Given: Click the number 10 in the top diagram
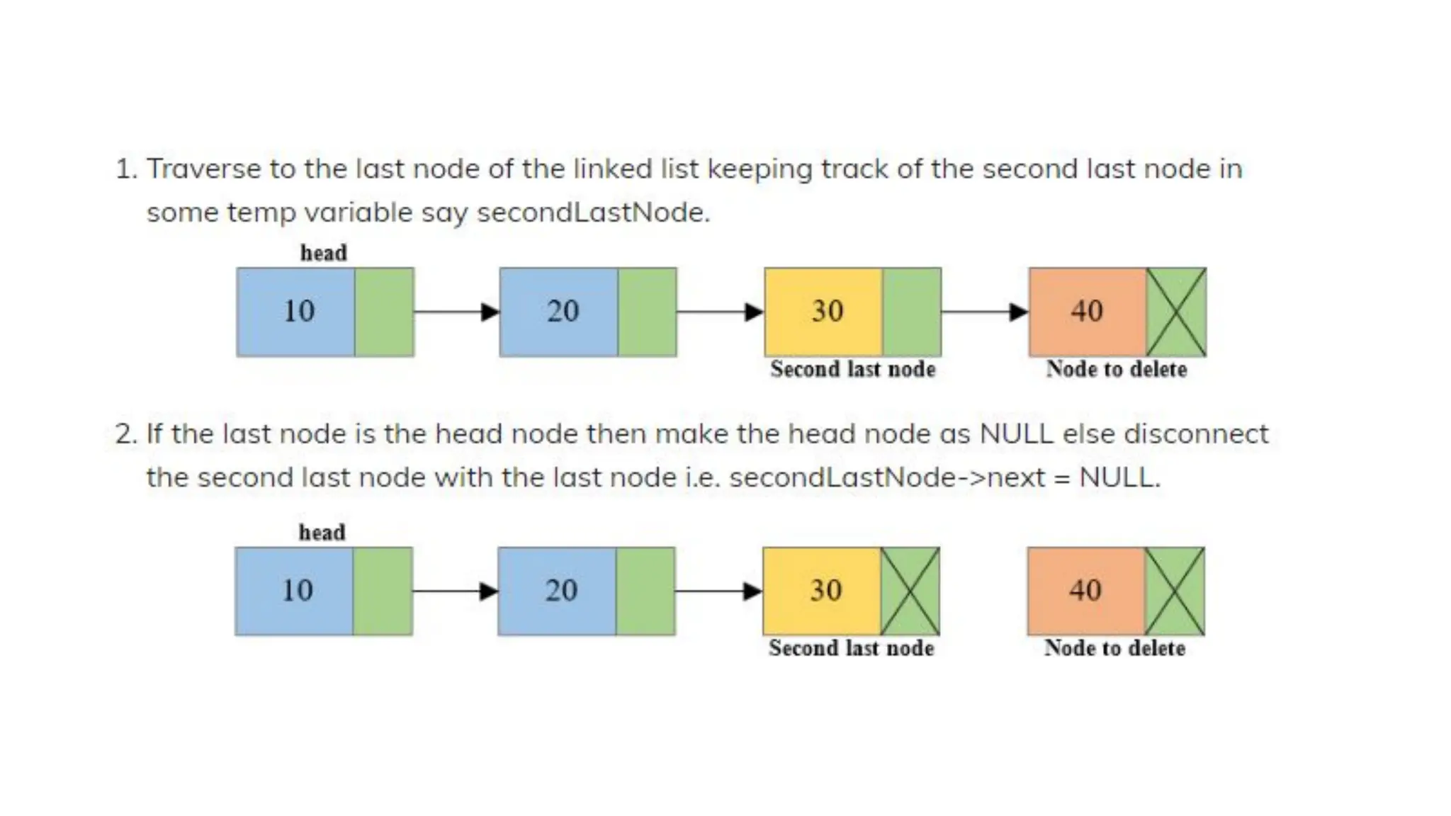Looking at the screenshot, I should coord(298,311).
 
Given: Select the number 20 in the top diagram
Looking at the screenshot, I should coord(563,311).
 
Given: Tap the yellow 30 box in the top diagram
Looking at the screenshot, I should coord(824,312).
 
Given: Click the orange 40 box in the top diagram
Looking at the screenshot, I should coord(1088,312).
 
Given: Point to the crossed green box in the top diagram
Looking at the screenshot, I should coord(1176,312).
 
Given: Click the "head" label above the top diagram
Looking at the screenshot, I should coord(323,253).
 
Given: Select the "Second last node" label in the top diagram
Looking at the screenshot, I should coord(852,369).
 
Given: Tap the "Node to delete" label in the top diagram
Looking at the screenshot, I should coord(1116,369).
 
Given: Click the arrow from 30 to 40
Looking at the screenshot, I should coord(985,312).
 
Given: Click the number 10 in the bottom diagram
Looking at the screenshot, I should coord(297,590).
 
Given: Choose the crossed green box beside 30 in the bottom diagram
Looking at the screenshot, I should coord(910,591).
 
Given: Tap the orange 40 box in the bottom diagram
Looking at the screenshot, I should coord(1086,591).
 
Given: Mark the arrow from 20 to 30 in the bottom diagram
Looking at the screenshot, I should coord(718,591).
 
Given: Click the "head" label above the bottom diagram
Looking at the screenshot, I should coord(322,532).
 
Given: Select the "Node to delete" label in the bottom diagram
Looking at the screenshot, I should coord(1114,648).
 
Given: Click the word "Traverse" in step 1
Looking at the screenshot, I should coord(204,169).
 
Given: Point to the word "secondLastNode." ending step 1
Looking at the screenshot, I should coord(593,212).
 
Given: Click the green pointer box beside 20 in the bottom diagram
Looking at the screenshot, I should coord(645,591).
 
